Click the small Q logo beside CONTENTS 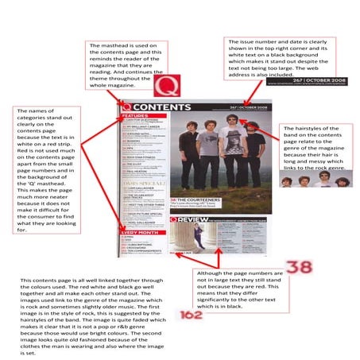coord(126,106)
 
